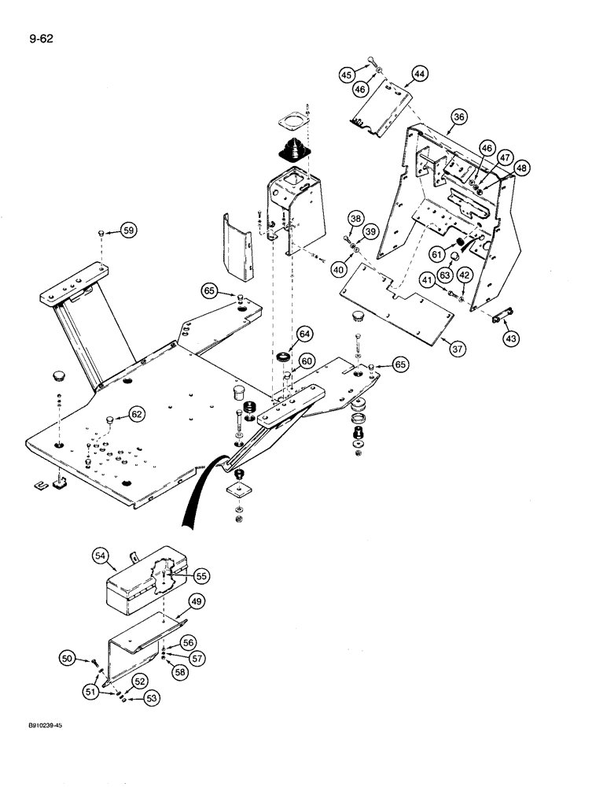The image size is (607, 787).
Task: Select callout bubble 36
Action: (x=459, y=117)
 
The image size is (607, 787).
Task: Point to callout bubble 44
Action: (x=419, y=74)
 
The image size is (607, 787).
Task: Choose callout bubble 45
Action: (x=346, y=75)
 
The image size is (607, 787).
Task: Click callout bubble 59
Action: (x=128, y=231)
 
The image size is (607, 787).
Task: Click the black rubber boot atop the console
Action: (x=292, y=150)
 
